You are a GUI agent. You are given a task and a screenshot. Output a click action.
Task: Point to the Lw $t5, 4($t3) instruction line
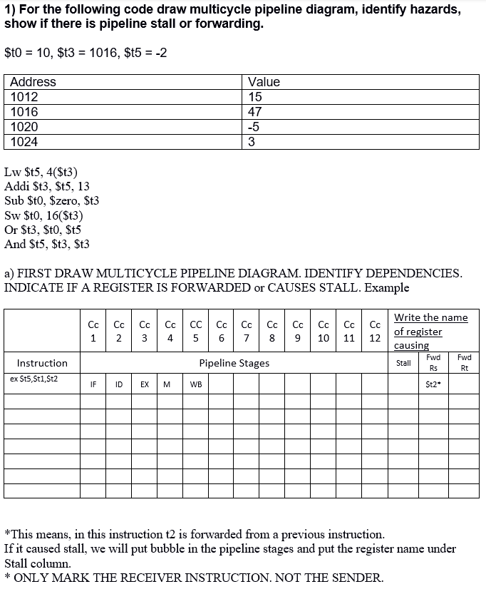pyautogui.click(x=41, y=172)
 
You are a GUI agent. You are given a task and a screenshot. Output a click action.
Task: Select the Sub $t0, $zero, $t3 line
pyautogui.click(x=52, y=201)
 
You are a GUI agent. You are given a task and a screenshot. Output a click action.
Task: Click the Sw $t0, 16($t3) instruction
pyautogui.click(x=44, y=215)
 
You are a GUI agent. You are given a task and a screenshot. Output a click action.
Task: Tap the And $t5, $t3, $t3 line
pyautogui.click(x=47, y=245)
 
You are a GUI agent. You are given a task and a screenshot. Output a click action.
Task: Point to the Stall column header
pyautogui.click(x=403, y=363)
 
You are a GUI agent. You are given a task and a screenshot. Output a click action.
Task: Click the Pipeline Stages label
pyautogui.click(x=234, y=363)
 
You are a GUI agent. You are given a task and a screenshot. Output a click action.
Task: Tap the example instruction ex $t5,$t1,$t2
pyautogui.click(x=34, y=379)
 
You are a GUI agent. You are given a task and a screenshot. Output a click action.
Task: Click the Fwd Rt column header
pyautogui.click(x=464, y=362)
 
